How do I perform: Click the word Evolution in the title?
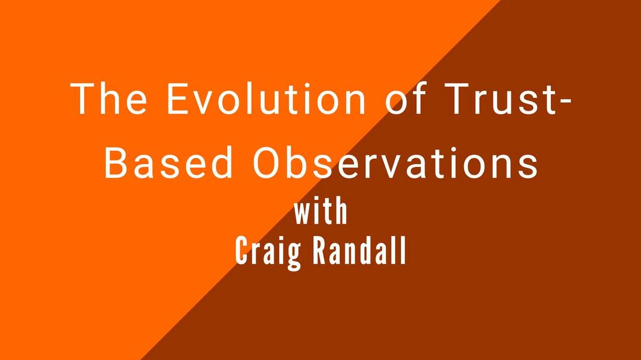[266, 98]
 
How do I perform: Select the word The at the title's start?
[109, 98]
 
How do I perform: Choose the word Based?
[168, 162]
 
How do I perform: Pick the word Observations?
[395, 162]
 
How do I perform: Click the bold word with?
[321, 212]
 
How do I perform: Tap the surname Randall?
[359, 251]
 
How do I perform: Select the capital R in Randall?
[319, 251]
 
